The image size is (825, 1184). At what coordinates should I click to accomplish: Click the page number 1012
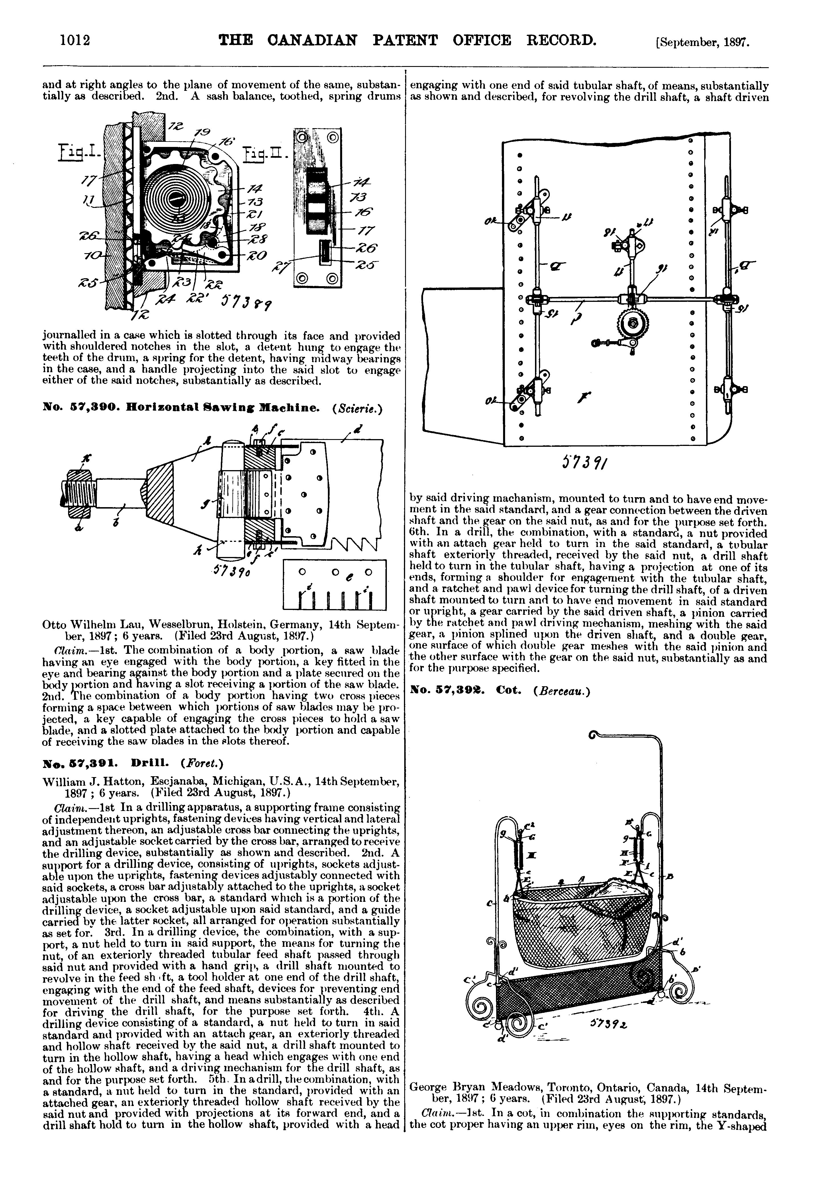tap(75, 40)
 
